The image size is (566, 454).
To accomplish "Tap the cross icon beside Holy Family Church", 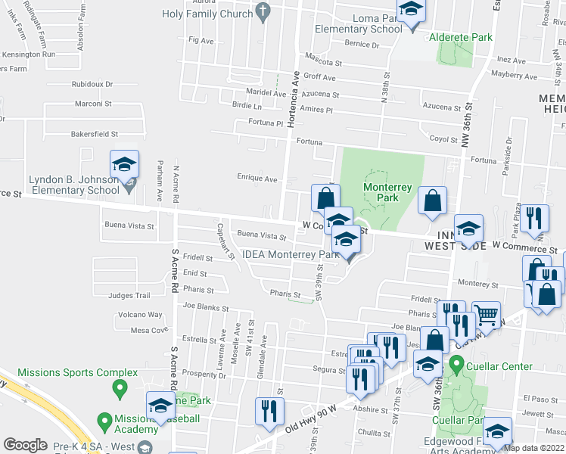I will (263, 11).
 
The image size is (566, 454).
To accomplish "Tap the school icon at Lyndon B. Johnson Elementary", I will (125, 165).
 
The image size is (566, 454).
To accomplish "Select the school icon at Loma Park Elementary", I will (411, 11).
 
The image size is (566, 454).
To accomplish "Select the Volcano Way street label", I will (139, 315).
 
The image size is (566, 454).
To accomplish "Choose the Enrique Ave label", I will (259, 179).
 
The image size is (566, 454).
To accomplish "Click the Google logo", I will (25, 445).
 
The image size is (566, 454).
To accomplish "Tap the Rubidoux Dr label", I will (92, 84).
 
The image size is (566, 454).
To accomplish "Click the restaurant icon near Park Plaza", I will (536, 218).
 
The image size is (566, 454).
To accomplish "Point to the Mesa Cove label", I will (149, 330).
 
